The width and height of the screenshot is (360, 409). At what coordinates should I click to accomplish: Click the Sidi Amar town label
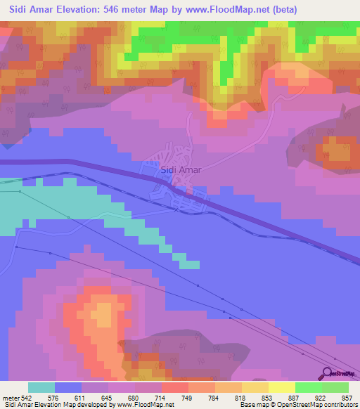pos(181,169)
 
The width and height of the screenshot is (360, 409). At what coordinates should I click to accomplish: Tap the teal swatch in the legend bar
pos(41,387)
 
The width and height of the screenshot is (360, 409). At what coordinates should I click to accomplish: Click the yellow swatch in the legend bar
pos(282,387)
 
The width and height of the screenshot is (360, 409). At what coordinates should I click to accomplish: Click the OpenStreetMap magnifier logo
pos(328,375)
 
